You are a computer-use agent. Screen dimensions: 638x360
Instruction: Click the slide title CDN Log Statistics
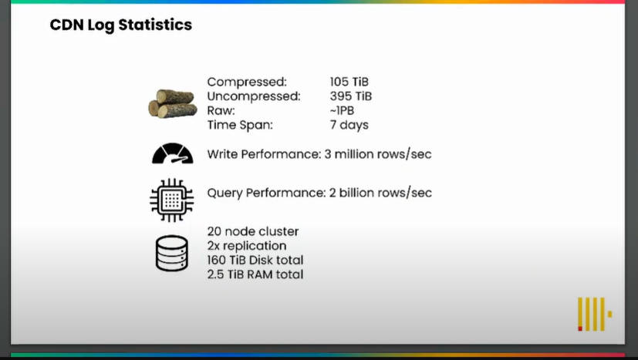coord(121,25)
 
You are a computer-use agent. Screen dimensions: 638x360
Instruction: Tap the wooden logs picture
coord(173,104)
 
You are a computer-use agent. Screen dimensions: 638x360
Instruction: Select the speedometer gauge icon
coord(173,153)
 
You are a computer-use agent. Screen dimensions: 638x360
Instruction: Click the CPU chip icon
coord(172,200)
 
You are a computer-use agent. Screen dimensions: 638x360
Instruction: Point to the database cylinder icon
coord(172,253)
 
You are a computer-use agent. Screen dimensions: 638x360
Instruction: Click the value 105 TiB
coord(349,82)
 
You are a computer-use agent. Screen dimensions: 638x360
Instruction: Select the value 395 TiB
coord(351,96)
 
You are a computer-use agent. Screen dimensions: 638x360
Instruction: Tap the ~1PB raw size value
coord(342,111)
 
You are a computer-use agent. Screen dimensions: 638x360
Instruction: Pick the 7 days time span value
coord(349,126)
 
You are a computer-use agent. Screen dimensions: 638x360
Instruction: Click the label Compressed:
coord(247,82)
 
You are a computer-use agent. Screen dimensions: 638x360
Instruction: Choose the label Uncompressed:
coord(254,96)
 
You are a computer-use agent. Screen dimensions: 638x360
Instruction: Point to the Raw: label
coord(221,111)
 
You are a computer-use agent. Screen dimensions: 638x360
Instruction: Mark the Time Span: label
coord(240,126)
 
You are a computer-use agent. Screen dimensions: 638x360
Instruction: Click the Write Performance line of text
coord(319,155)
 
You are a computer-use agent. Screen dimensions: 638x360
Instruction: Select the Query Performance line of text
coord(319,193)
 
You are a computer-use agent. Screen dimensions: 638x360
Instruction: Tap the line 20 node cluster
coord(253,231)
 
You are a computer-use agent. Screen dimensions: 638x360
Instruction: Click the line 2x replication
coord(247,246)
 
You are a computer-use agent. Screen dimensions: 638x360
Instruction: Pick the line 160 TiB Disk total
coord(255,261)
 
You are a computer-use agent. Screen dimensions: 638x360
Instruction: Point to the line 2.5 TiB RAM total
coord(255,274)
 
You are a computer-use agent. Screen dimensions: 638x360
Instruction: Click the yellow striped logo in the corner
coord(595,314)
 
